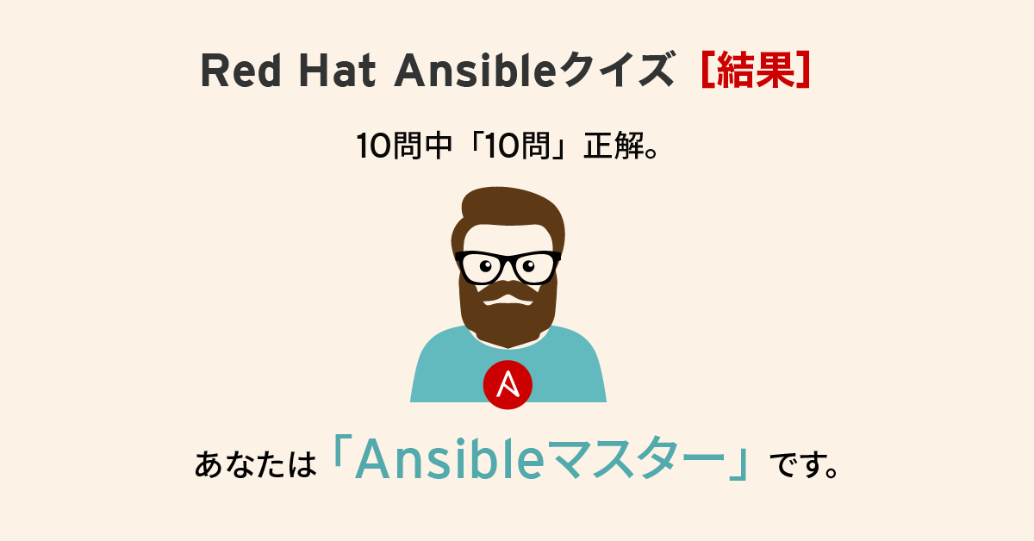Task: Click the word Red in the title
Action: coord(240,70)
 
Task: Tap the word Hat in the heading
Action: coord(337,70)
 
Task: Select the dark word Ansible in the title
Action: coord(475,70)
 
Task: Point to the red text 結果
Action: coord(756,70)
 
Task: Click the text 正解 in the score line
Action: coord(614,146)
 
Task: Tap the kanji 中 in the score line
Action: coord(437,146)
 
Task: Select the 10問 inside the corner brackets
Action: coord(518,146)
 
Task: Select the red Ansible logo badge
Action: coord(508,384)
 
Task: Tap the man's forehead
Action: coord(508,238)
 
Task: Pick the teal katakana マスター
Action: coord(636,459)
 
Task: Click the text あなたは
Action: coord(255,464)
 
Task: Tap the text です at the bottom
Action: coord(795,464)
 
